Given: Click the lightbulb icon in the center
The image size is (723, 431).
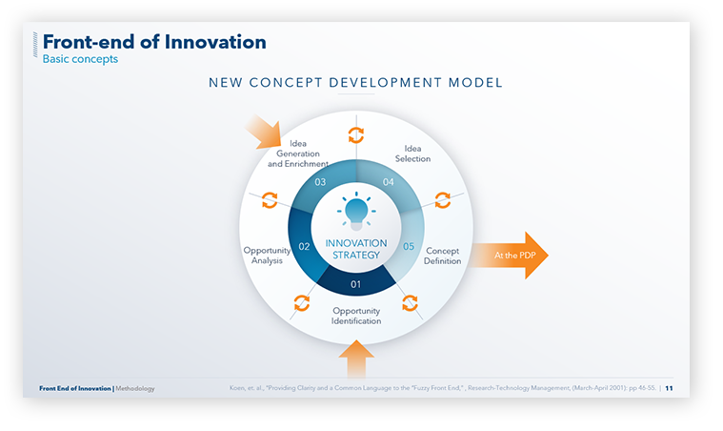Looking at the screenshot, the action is (356, 211).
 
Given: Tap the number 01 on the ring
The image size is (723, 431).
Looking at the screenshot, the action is (356, 284).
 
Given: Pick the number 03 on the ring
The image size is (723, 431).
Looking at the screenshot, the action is (321, 182).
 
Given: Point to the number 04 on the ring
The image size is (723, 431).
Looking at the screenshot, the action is (389, 181).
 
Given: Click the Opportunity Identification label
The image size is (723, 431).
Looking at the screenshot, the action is (356, 316).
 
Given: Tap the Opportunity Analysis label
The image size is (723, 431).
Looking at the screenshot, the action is (267, 256).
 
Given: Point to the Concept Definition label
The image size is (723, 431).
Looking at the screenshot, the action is (443, 256).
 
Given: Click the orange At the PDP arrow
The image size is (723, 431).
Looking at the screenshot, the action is (509, 256).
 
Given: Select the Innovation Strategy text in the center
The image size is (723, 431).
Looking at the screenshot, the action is (356, 249).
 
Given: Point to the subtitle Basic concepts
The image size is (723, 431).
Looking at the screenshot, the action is (80, 59).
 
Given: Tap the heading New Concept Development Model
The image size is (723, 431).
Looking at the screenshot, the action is (355, 84).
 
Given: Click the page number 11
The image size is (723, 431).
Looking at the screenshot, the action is (670, 388).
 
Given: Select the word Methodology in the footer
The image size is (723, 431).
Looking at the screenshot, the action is (135, 389).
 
